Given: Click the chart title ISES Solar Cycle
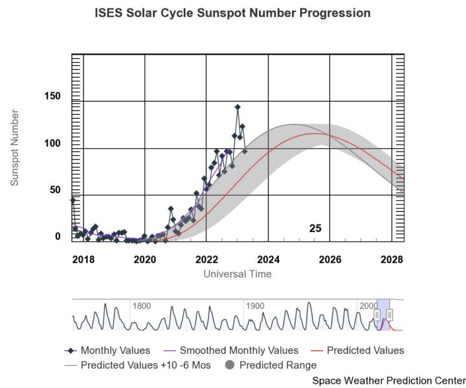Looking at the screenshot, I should coord(233,13).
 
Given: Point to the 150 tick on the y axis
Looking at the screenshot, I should coord(52,96).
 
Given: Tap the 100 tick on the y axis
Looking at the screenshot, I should coord(52,143).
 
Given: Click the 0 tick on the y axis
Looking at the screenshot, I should coord(58,237).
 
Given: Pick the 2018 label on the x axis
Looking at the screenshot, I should coord(83,259).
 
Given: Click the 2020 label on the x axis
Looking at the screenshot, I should coord(144,259).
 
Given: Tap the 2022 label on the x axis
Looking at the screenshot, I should coord(206,259).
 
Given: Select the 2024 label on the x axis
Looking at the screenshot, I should coord(268,259).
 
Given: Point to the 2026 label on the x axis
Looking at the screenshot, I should coord(329,259).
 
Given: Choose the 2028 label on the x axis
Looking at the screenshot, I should coord(392,259).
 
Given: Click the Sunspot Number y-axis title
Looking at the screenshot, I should coord(15,148).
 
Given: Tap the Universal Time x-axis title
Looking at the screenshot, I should coord(238,274).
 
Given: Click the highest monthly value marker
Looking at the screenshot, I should coord(238,107).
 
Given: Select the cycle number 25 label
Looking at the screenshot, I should coord(315,228).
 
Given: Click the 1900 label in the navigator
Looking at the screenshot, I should coord(254,306).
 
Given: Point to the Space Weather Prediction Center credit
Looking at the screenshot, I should coord(388,380).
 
